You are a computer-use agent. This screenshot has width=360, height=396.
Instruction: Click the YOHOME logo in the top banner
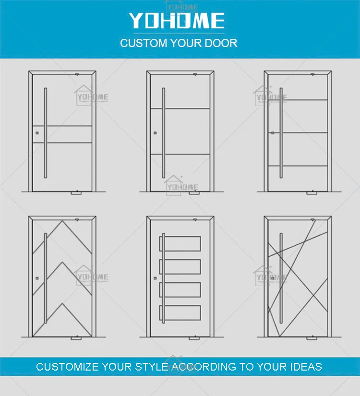click(x=176, y=21)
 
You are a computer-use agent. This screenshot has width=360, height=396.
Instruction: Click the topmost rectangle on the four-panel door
click(x=180, y=243)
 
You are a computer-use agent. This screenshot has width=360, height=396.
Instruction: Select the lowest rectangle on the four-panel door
click(x=180, y=312)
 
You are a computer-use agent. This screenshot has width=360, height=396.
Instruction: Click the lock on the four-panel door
click(x=155, y=277)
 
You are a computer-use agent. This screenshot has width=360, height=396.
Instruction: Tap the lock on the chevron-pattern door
click(x=36, y=277)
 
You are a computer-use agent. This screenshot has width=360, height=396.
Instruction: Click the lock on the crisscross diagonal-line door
click(x=272, y=278)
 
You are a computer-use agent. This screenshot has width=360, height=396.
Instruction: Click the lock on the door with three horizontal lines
click(x=273, y=132)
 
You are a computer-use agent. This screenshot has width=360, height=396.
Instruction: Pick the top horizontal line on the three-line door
click(x=298, y=100)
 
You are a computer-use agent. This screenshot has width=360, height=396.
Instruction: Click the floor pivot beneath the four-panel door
click(x=193, y=338)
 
